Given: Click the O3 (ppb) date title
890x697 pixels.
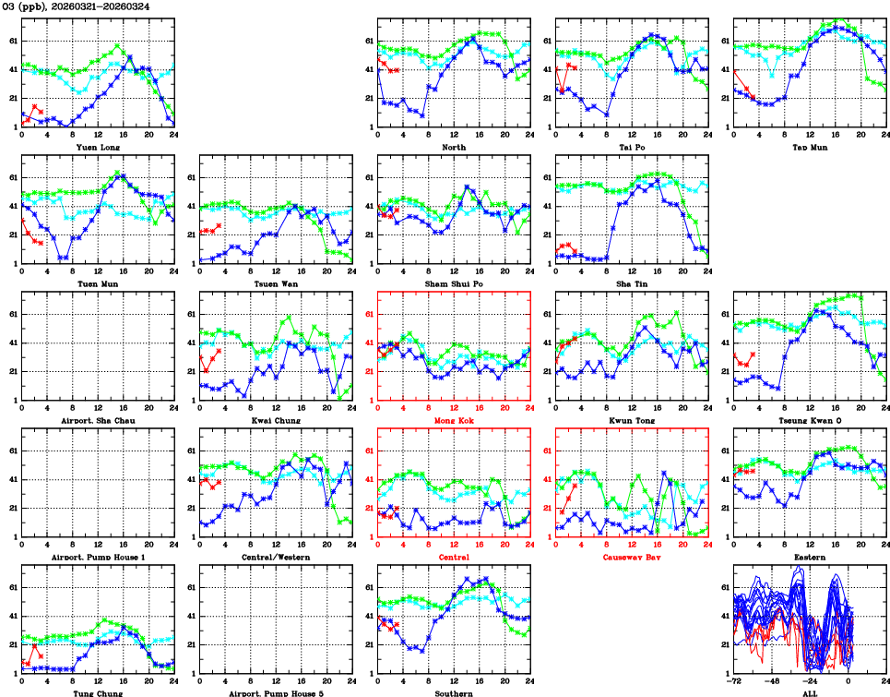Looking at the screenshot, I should (77, 6).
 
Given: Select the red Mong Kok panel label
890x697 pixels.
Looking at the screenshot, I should (453, 420).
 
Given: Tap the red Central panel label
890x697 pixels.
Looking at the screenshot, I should (453, 557).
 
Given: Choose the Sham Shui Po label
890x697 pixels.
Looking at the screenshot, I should (453, 283).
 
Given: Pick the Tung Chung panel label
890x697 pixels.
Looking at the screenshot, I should (98, 693).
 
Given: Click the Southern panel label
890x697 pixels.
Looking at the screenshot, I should (453, 693).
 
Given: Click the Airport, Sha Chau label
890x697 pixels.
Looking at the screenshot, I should (98, 420).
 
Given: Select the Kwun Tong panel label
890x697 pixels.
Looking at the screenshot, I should (631, 420).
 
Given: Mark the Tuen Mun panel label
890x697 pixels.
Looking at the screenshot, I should (98, 283).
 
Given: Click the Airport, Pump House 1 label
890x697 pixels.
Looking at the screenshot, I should (98, 557).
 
